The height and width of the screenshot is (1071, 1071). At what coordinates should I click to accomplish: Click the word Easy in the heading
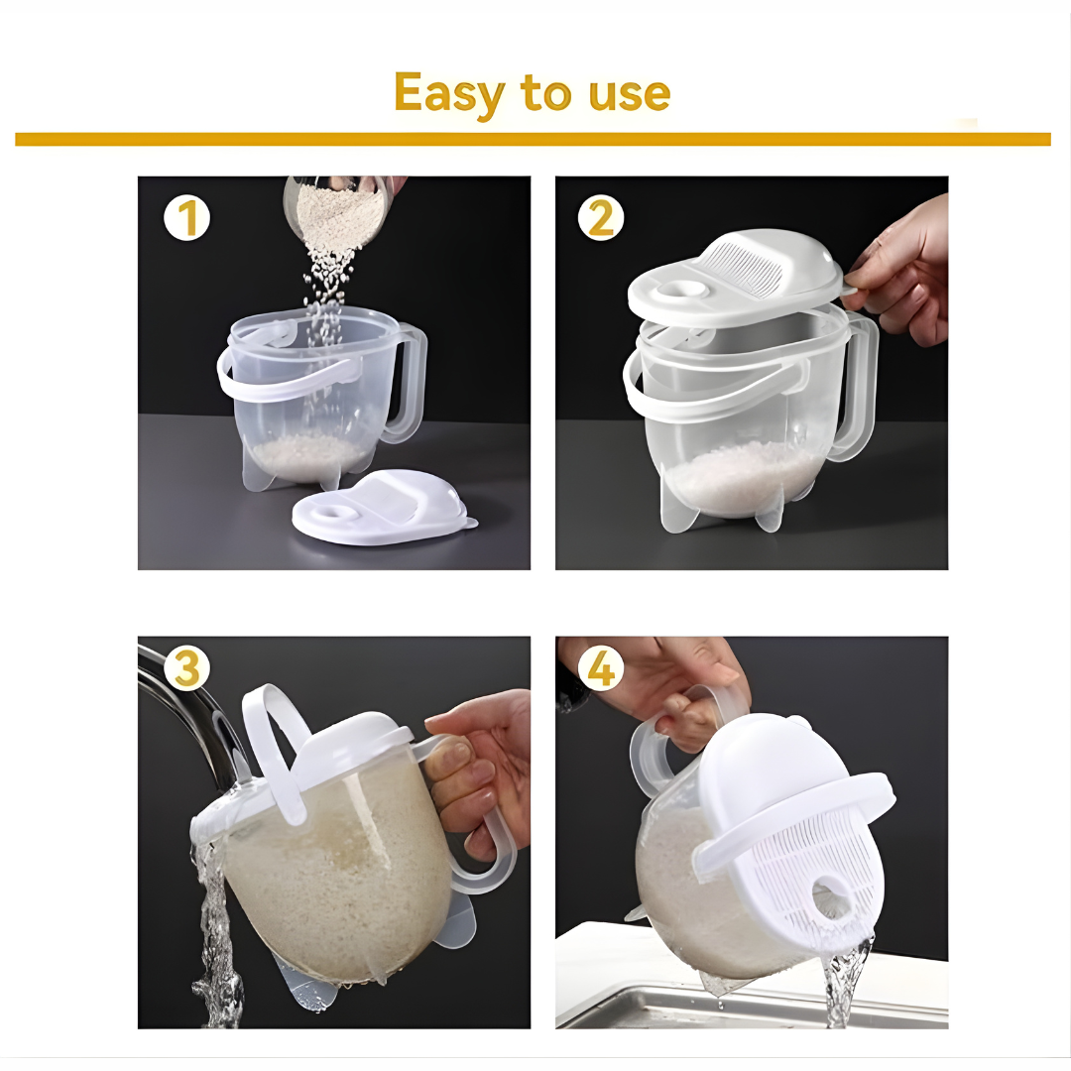pyautogui.click(x=449, y=94)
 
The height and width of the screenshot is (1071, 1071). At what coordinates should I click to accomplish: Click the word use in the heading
pyautogui.click(x=629, y=95)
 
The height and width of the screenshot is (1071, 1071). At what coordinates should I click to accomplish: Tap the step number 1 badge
pyautogui.click(x=186, y=218)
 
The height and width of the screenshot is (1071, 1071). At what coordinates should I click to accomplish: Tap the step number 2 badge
pyautogui.click(x=601, y=218)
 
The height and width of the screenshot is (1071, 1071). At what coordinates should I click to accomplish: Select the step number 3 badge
pyautogui.click(x=186, y=668)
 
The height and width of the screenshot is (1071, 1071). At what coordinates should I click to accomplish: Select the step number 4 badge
pyautogui.click(x=601, y=668)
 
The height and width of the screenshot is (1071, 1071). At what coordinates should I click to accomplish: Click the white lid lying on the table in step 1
pyautogui.click(x=384, y=508)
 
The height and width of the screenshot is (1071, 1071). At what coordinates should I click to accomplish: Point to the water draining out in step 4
pyautogui.click(x=846, y=984)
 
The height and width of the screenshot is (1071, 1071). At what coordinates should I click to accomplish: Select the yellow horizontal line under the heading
pyautogui.click(x=533, y=140)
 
